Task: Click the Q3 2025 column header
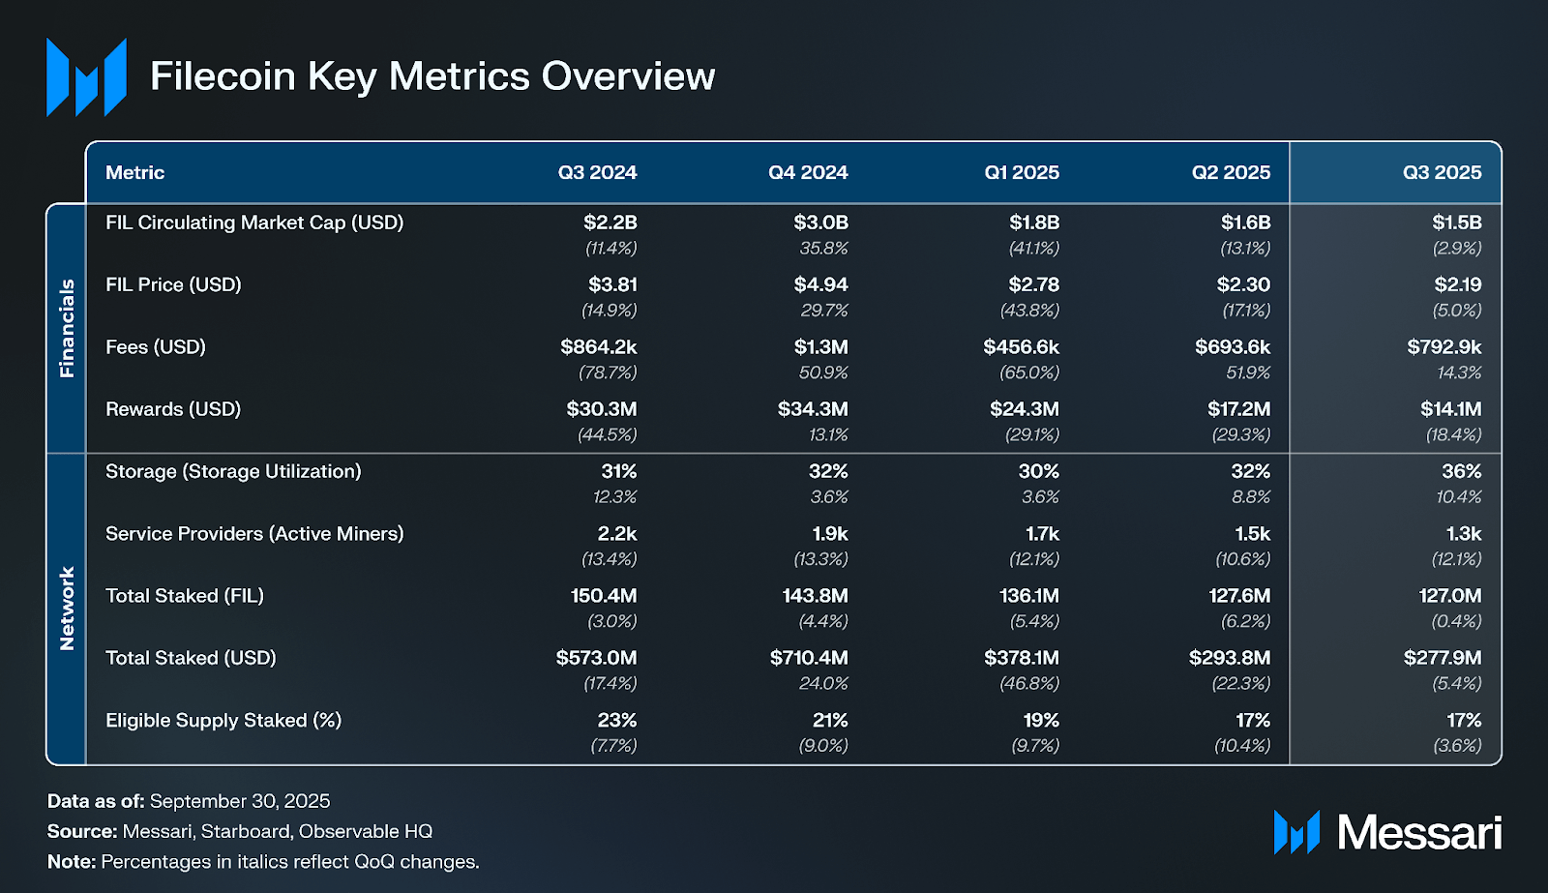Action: tap(1442, 172)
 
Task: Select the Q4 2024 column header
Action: tap(808, 172)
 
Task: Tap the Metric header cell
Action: tap(134, 172)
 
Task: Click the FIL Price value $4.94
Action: tap(820, 284)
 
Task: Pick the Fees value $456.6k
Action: tap(1021, 346)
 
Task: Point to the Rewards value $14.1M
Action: tap(1450, 409)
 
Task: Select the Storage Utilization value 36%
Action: tap(1461, 471)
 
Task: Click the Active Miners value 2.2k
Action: tap(616, 533)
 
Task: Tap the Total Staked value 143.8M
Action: tap(815, 596)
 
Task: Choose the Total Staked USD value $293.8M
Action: tap(1229, 658)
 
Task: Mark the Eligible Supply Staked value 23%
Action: tap(616, 720)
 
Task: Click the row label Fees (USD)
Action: tap(156, 346)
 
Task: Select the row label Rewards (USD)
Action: tap(173, 409)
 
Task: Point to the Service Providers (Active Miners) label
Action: tap(254, 533)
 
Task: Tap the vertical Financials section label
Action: tap(67, 328)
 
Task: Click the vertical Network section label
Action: tap(67, 609)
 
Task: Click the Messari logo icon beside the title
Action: tap(86, 77)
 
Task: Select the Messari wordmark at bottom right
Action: tap(1418, 832)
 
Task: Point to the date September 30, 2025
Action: tap(240, 801)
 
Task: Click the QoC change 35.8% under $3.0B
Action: tap(823, 248)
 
